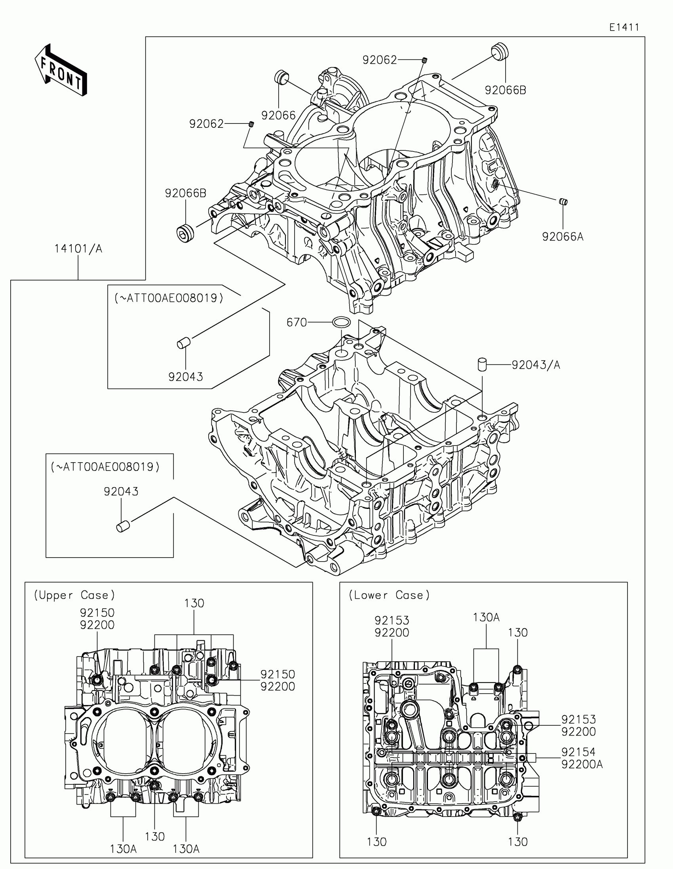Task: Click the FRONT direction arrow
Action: (61, 70)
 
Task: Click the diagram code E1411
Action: (624, 27)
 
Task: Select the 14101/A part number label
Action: (78, 249)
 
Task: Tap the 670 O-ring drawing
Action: (341, 322)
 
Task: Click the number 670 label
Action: (297, 322)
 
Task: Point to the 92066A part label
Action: (563, 237)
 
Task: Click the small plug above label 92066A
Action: (563, 202)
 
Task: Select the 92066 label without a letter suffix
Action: (278, 116)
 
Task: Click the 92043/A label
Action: (536, 365)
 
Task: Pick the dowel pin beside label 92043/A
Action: (482, 364)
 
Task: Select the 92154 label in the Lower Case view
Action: (578, 751)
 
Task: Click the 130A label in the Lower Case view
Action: (486, 618)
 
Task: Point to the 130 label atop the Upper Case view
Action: (194, 603)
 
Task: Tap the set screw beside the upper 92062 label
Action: (425, 60)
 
